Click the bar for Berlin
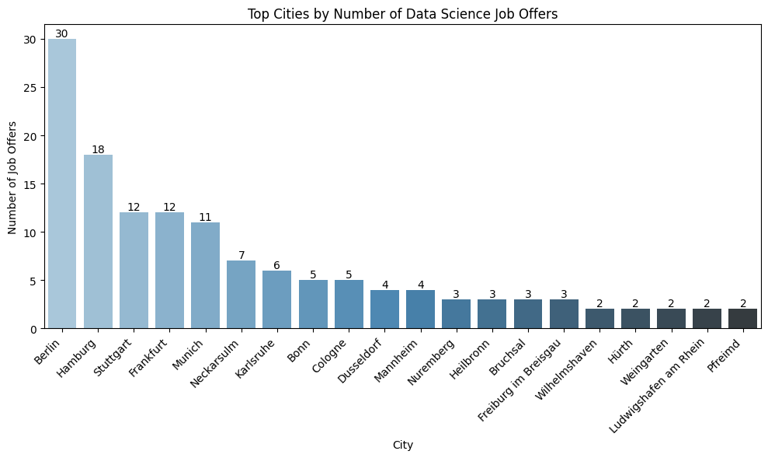coord(62,184)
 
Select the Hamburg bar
coord(98,241)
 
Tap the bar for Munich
coord(205,275)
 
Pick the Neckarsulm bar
coord(241,295)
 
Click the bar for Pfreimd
coord(742,319)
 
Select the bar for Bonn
coord(313,304)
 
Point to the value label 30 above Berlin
coord(62,33)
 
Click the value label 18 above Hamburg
coord(98,149)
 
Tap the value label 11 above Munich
coord(205,217)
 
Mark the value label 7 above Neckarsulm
coord(241,256)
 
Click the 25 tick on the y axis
coord(31,87)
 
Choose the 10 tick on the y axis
coord(31,232)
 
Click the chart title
coord(402,13)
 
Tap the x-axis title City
coord(402,446)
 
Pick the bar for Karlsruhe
coord(276,299)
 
